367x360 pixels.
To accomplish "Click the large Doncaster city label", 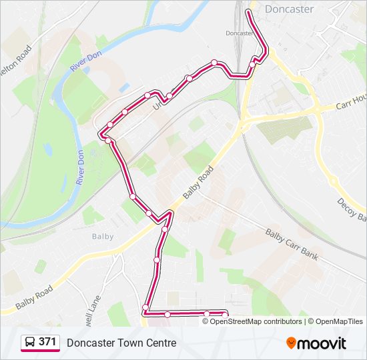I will pos(289,9).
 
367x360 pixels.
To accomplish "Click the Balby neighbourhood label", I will pos(103,236).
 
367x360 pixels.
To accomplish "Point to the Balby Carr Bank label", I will pos(292,245).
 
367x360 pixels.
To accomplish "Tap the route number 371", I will pos(47,342).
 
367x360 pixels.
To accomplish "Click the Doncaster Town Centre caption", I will pos(121,343).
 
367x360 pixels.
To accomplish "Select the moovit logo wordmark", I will pos(322,343).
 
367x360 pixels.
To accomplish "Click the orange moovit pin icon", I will pos(291,343).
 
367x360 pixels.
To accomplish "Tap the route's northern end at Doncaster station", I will pos(249,11).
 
